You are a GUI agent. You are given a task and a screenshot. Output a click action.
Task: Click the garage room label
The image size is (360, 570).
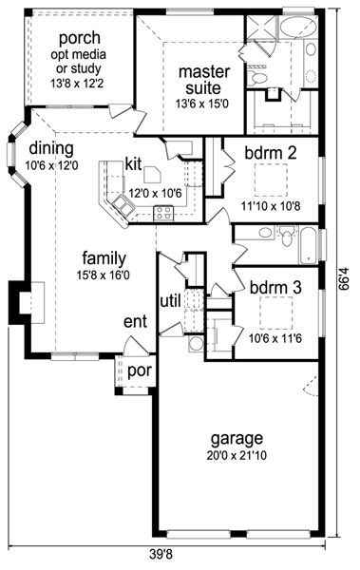click(237, 439)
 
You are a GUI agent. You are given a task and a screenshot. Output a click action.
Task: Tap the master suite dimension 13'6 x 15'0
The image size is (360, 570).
click(202, 104)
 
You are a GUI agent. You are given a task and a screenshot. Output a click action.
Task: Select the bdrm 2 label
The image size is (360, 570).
click(271, 153)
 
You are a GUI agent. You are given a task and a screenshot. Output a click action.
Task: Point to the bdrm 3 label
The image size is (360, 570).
click(275, 288)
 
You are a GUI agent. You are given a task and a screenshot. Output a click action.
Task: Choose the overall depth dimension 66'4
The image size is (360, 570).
click(344, 278)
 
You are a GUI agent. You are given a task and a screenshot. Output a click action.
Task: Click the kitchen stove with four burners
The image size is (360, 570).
click(163, 214)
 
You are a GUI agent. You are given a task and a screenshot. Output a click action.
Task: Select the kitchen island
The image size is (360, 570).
click(152, 175)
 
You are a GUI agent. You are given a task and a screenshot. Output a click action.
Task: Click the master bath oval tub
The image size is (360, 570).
click(298, 28)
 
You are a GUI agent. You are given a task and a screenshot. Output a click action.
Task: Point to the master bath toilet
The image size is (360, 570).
click(257, 77)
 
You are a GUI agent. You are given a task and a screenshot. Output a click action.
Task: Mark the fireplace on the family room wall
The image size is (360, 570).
click(27, 303)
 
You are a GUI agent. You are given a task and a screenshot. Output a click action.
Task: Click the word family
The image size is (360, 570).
click(104, 258)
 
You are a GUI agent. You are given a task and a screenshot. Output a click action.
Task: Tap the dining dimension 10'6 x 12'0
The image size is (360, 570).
click(51, 165)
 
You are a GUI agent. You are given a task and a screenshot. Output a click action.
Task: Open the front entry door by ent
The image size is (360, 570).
click(135, 346)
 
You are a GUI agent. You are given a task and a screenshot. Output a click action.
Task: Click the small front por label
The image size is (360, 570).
click(140, 371)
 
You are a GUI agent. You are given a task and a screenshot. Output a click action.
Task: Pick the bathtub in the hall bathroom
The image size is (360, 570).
click(308, 246)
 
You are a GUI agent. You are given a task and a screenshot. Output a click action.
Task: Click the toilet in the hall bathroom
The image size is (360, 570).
click(287, 236)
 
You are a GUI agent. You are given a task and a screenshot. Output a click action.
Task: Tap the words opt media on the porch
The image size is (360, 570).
click(78, 54)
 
